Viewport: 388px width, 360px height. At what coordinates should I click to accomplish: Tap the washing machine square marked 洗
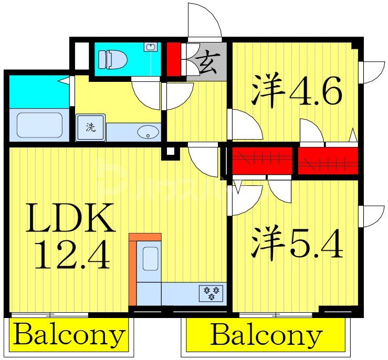pyautogui.click(x=90, y=128)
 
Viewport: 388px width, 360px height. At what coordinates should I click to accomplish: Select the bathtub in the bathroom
pyautogui.click(x=39, y=125)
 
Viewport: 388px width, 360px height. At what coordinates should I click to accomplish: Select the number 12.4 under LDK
pyautogui.click(x=72, y=256)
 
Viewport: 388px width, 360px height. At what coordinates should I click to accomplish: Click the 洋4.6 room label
pyautogui.click(x=296, y=92)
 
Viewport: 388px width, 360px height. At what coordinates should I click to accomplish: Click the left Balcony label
pyautogui.click(x=69, y=334)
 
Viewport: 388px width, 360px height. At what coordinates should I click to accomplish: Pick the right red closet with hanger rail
pyautogui.click(x=328, y=161)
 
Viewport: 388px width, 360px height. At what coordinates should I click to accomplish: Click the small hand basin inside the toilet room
pyautogui.click(x=151, y=47)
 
